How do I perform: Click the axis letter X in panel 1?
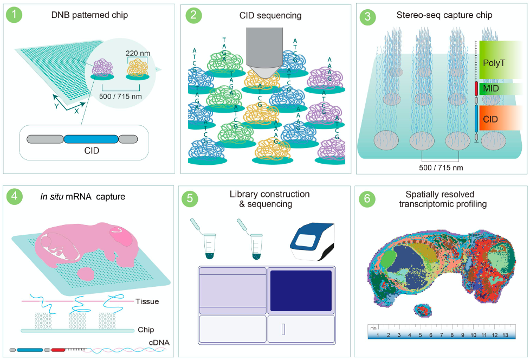coord(77,110)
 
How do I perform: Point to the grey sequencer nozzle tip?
coord(263,78)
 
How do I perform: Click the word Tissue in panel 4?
coord(147,301)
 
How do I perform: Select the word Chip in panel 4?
coord(145,329)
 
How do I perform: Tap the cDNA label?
coord(160,343)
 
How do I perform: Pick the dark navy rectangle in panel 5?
coord(300,291)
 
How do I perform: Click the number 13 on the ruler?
coord(505,335)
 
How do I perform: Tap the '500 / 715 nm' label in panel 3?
coord(441,168)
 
